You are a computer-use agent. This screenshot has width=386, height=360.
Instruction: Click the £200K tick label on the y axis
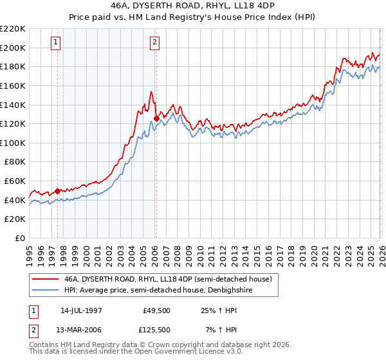(x=13, y=48)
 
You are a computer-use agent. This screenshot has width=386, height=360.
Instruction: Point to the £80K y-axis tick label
(x=15, y=162)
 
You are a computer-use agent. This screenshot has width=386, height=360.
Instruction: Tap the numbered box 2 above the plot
(x=156, y=43)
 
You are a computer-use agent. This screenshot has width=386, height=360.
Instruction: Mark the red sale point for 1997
(x=58, y=191)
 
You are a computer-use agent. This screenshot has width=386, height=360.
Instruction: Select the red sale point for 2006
(x=156, y=118)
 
